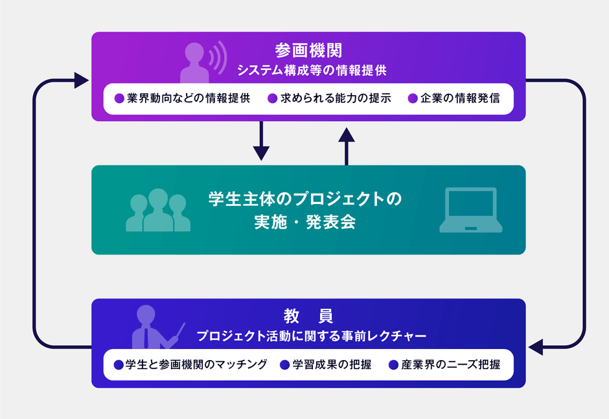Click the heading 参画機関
308,51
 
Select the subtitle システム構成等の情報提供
312,71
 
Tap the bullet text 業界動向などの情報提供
189,98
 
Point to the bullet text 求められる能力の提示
336,98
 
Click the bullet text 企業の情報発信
460,98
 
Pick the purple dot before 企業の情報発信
413,98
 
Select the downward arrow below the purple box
261,141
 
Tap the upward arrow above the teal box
347,146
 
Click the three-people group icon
158,210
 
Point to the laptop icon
471,210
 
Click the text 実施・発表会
305,222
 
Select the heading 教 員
308,316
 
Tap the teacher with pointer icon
157,327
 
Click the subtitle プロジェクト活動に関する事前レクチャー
312,336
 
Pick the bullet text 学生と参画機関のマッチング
196,365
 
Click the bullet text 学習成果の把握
332,365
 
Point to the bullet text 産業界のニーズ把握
450,365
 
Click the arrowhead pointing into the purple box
82,80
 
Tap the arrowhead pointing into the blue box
536,346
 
